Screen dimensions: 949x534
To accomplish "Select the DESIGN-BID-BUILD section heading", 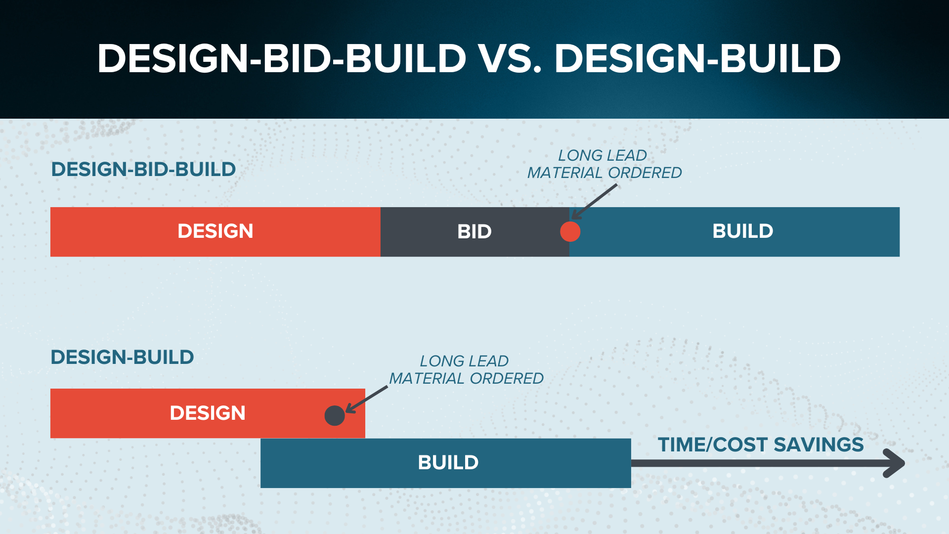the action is click(143, 170).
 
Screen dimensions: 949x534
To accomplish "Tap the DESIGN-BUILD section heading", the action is click(122, 357).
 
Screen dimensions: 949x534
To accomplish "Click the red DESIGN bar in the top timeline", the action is click(216, 232).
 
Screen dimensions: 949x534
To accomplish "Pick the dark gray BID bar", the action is click(475, 232).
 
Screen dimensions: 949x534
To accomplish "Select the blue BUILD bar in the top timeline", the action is click(734, 232).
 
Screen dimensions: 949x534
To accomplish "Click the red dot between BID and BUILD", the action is click(570, 231).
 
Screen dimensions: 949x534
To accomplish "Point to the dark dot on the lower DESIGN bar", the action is click(335, 416).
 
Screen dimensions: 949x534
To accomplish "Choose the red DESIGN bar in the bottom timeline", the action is click(208, 413).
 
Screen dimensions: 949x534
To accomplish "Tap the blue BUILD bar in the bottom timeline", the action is click(446, 463).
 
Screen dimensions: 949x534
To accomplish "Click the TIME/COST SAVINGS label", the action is click(761, 445).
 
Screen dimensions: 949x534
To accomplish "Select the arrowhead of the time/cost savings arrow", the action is click(895, 463).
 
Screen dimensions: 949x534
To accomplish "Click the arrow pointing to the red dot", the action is click(595, 202).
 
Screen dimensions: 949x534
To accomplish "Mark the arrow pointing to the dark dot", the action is click(367, 399).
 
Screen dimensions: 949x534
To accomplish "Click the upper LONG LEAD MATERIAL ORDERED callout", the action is click(604, 164).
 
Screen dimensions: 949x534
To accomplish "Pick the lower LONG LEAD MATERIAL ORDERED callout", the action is click(466, 370).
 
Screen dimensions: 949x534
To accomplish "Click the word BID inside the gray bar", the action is click(474, 232).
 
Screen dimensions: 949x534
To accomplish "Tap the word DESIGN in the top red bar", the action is click(216, 231).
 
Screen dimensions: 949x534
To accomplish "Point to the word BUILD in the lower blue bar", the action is click(448, 463).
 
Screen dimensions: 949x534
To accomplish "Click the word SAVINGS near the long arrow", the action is click(819, 445).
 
